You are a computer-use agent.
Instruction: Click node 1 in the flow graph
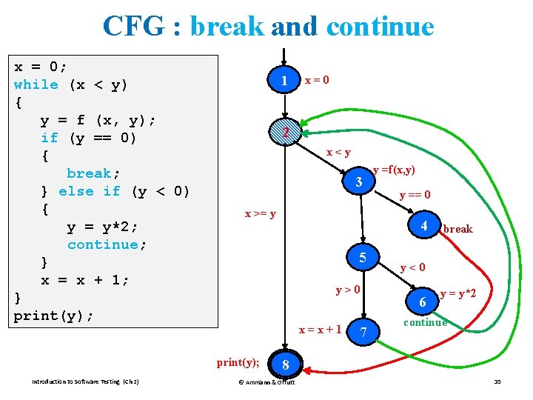[284, 80]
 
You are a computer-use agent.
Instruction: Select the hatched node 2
[284, 132]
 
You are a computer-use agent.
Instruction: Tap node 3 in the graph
[358, 181]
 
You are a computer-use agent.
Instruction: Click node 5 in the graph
[363, 258]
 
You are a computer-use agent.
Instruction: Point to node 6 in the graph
[422, 302]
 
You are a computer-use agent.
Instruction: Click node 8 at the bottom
[284, 364]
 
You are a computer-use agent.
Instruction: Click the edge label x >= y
[261, 214]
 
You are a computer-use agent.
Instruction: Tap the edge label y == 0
[415, 196]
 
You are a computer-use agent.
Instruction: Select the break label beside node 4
[457, 229]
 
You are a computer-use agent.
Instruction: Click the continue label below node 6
[425, 322]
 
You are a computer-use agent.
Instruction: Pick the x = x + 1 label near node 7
[320, 329]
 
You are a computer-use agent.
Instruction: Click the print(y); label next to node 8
[238, 362]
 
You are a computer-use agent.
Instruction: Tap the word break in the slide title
[227, 27]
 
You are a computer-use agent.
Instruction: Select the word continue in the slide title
[380, 27]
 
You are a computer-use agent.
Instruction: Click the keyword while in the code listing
[36, 84]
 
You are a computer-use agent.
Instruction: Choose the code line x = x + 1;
[85, 280]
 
